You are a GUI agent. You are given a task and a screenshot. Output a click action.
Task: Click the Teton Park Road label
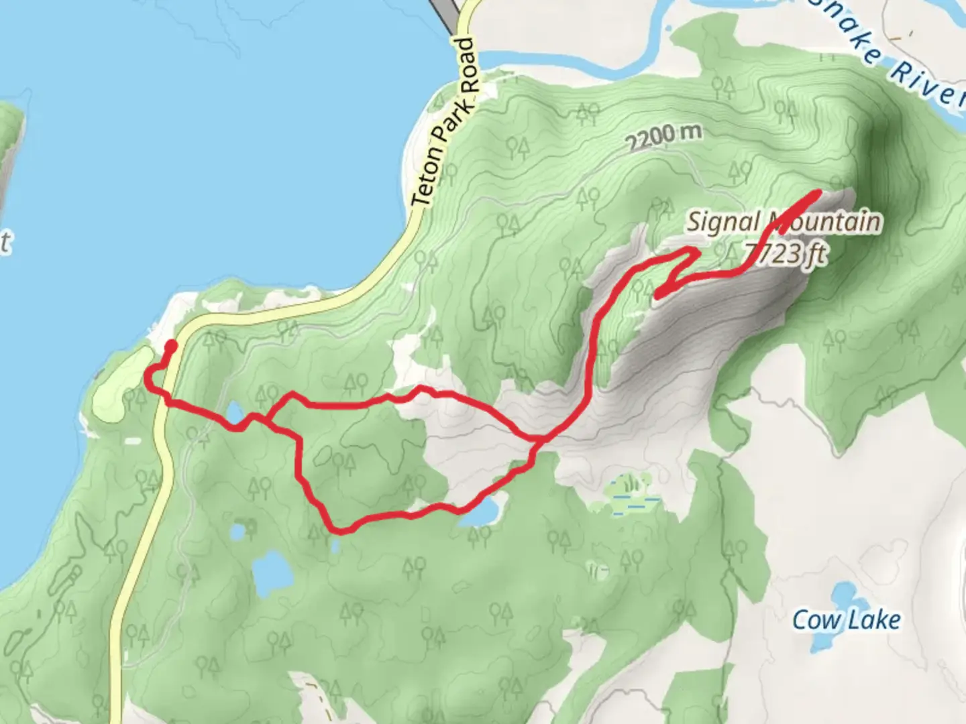tap(445, 122)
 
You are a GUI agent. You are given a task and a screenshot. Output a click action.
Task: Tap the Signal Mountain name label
tap(784, 222)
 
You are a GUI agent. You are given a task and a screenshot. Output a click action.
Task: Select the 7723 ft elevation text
tap(785, 254)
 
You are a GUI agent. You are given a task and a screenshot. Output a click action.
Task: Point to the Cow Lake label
tap(847, 620)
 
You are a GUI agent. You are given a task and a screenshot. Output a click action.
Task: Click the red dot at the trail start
tap(171, 346)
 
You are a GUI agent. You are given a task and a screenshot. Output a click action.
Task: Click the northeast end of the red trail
tap(818, 193)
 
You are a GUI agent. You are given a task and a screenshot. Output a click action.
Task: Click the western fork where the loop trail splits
tap(268, 422)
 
